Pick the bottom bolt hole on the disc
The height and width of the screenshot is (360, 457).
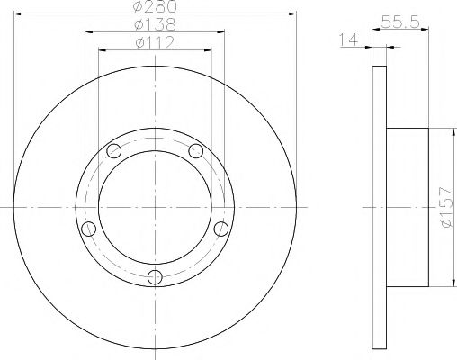click(154, 275)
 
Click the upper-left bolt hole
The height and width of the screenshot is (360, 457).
click(112, 150)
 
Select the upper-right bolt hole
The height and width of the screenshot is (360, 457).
click(195, 150)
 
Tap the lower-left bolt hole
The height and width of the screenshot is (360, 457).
click(87, 228)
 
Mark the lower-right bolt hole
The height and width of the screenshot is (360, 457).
click(220, 228)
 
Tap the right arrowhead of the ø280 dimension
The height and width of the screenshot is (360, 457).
click(293, 13)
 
